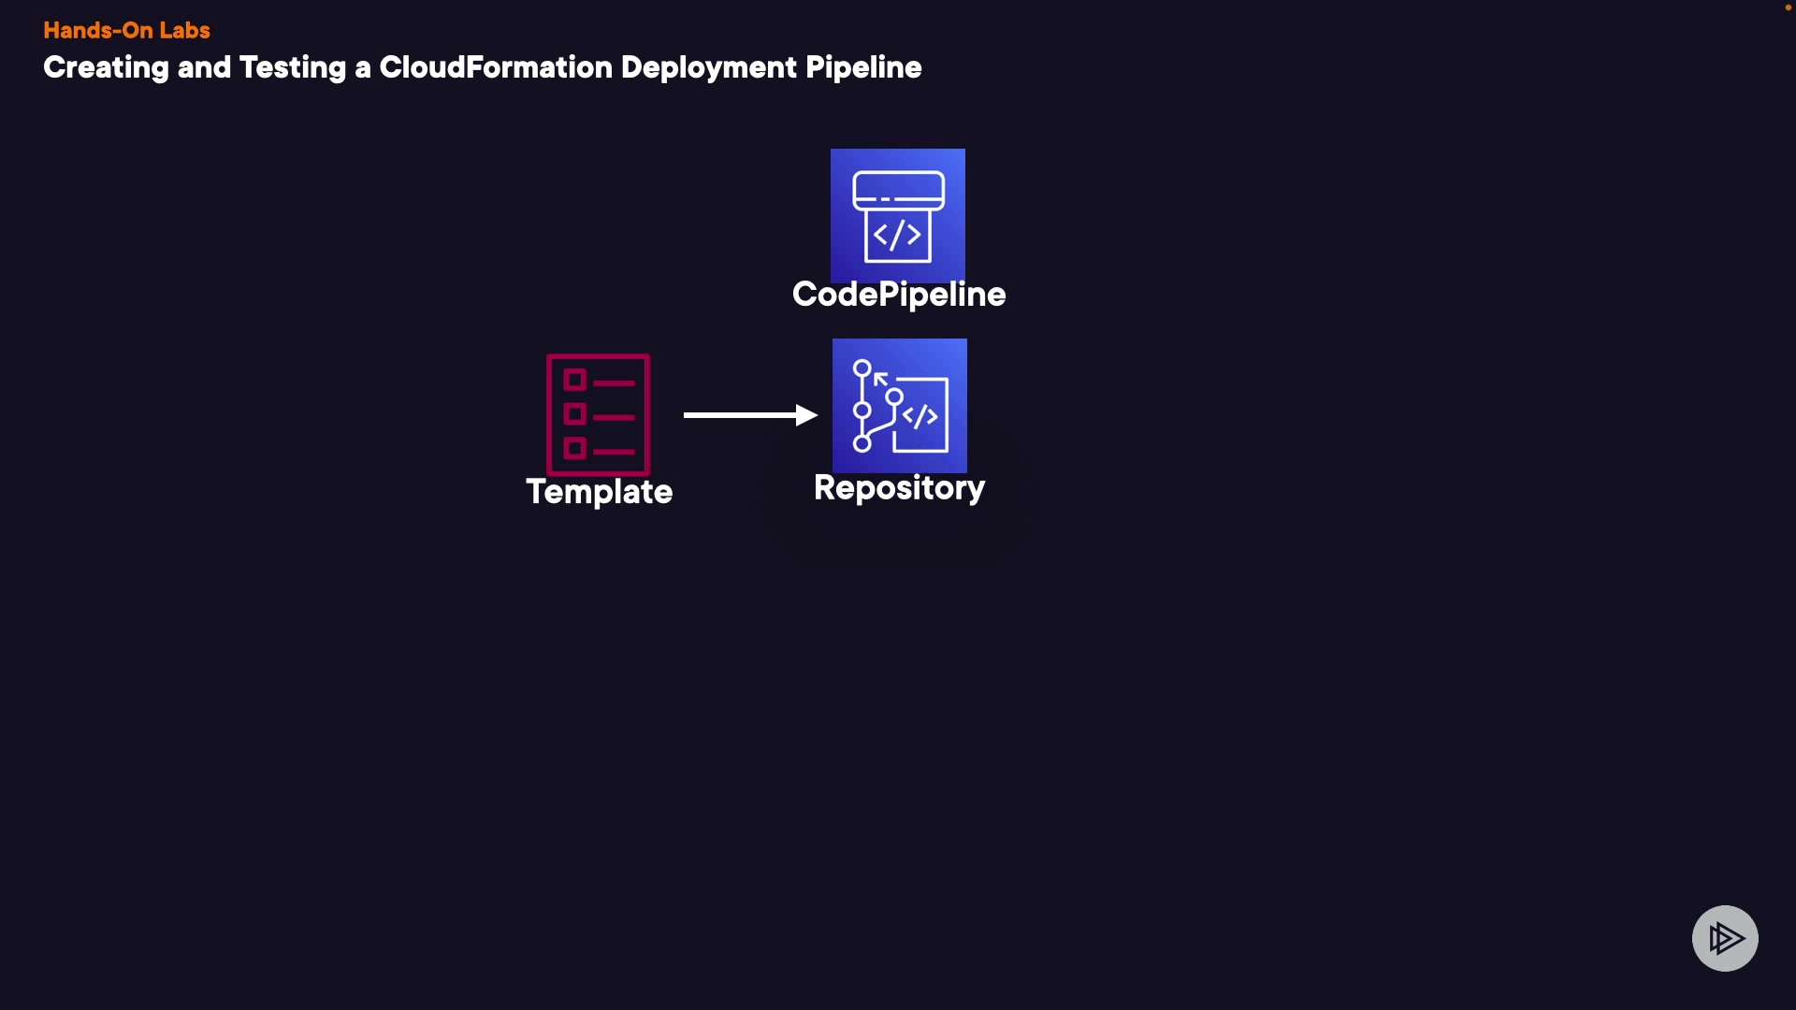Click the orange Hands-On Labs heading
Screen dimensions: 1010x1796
click(x=126, y=30)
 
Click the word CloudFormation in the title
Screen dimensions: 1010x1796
click(x=495, y=67)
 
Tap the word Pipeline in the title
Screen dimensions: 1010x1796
click(x=862, y=67)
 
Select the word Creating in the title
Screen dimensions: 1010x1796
click(x=106, y=67)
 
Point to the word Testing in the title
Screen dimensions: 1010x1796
click(x=292, y=67)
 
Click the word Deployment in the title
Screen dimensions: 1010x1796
click(x=708, y=67)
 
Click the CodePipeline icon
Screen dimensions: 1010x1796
click(x=897, y=215)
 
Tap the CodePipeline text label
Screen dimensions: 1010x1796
click(x=898, y=295)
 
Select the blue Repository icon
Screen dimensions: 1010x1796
click(x=899, y=406)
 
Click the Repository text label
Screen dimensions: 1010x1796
click(x=898, y=487)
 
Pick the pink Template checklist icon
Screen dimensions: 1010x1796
click(x=598, y=414)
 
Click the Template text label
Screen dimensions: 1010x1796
click(x=599, y=492)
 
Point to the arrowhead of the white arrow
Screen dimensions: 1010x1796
click(x=806, y=414)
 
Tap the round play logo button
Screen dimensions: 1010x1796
click(x=1724, y=938)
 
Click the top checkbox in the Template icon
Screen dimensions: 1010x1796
click(x=574, y=380)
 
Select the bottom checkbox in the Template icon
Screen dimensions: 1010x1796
click(x=574, y=449)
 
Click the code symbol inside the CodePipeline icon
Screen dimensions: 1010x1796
click(x=897, y=235)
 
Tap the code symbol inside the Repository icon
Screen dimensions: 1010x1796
click(x=920, y=416)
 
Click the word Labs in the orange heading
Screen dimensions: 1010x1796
click(x=184, y=30)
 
